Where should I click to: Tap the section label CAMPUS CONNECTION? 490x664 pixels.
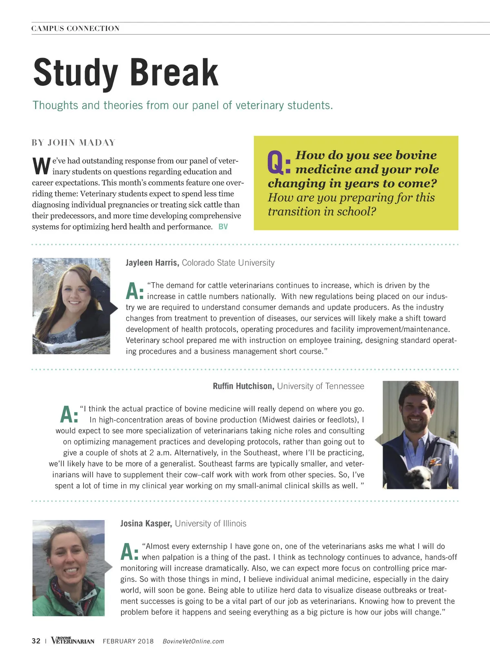[x=76, y=29]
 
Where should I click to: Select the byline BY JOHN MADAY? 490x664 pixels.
[x=74, y=143]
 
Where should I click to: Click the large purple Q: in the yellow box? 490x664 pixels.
[x=279, y=162]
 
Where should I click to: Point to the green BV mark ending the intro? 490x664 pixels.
[x=223, y=227]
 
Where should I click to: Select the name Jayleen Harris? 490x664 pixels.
[x=152, y=263]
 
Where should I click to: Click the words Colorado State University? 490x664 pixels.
[x=228, y=263]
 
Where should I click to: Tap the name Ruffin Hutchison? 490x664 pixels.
[x=243, y=386]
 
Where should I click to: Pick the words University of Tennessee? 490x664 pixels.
[x=321, y=386]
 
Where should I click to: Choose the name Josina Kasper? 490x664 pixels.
[x=146, y=523]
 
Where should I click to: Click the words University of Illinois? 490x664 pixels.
[x=211, y=523]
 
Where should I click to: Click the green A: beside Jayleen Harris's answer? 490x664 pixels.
[x=134, y=291]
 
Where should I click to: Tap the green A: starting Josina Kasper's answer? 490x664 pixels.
[x=129, y=552]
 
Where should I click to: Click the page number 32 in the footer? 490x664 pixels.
[x=36, y=641]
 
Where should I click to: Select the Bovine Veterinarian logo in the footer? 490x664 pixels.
[x=73, y=641]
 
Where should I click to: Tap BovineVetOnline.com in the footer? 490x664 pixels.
[x=193, y=642]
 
